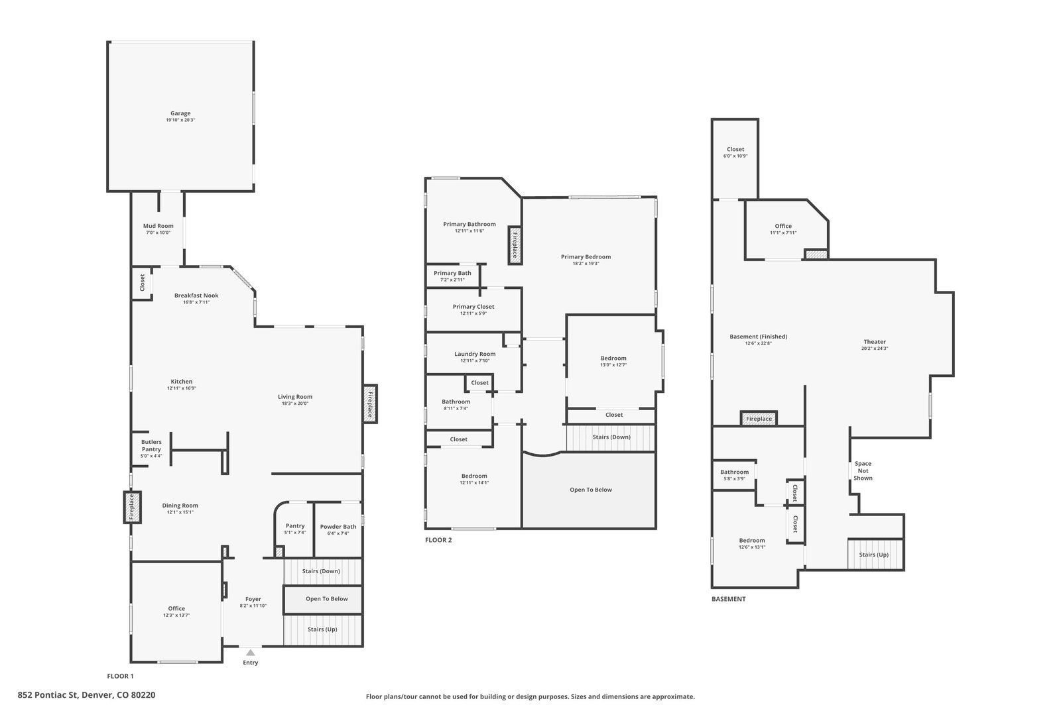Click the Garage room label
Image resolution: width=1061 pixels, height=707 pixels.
tap(180, 117)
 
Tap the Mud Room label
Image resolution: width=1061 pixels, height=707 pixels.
tap(158, 229)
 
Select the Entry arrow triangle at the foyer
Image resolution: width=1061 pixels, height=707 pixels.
tap(251, 653)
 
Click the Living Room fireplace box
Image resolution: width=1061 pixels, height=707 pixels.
tap(370, 404)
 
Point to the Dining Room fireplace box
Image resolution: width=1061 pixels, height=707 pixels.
tap(132, 508)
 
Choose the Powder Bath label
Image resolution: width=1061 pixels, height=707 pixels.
tap(338, 529)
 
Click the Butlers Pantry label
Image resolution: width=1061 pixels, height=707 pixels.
tap(151, 449)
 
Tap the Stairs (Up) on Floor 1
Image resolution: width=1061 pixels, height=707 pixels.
tap(322, 629)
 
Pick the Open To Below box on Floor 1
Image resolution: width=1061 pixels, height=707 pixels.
tap(323, 600)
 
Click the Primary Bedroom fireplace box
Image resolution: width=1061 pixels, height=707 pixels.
tap(515, 245)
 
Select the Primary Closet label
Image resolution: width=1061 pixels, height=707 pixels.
tap(473, 309)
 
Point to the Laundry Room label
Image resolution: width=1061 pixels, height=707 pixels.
tap(475, 356)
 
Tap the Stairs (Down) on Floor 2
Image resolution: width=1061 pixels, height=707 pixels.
tap(611, 438)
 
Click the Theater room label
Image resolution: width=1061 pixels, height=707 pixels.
tap(875, 345)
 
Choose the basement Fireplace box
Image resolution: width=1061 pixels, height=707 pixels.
tap(759, 418)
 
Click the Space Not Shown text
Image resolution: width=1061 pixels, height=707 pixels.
tap(863, 471)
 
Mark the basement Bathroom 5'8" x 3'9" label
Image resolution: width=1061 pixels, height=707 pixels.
tap(734, 474)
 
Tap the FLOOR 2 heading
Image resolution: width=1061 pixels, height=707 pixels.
tap(438, 540)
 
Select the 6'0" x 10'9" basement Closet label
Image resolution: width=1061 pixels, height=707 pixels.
tap(735, 152)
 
